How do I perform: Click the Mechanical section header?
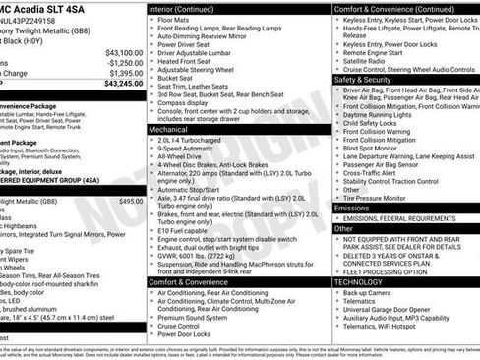168,129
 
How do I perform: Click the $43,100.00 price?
124,53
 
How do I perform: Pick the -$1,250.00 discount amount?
124,63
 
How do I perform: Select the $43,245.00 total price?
123,84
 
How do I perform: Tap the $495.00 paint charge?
131,201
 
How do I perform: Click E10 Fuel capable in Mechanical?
185,229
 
